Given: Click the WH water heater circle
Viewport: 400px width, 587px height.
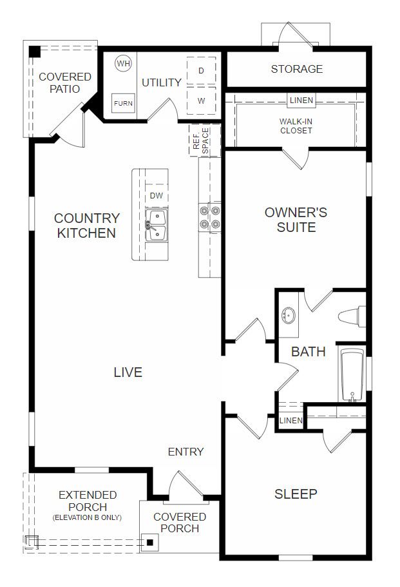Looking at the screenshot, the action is click(123, 63).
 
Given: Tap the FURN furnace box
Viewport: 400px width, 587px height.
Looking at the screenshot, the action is click(123, 103).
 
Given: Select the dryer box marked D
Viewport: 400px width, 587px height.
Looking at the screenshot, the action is click(202, 71).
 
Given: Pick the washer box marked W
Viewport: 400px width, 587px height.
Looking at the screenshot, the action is click(202, 101).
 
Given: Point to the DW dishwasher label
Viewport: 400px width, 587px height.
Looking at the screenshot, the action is click(157, 195).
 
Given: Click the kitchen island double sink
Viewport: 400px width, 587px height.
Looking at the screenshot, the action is click(157, 225).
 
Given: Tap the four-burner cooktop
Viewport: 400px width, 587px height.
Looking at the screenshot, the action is click(209, 218).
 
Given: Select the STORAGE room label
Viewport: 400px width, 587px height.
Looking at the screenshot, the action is click(297, 69).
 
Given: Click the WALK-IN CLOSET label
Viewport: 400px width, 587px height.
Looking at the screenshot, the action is click(296, 126).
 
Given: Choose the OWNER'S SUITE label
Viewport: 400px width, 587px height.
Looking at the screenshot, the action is click(296, 219).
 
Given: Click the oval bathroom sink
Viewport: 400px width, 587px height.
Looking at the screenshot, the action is click(289, 315).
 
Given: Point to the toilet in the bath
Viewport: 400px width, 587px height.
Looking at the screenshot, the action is click(352, 316).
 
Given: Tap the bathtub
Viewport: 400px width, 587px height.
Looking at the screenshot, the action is click(352, 375).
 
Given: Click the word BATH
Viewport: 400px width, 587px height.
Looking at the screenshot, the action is click(309, 352).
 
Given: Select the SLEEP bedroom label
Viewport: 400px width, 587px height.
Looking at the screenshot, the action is click(296, 494).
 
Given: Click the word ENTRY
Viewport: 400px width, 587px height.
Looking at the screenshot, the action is click(186, 452).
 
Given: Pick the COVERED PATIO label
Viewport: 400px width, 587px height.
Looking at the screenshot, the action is click(64, 82).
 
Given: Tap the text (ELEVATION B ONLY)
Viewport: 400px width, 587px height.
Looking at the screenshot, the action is click(87, 517).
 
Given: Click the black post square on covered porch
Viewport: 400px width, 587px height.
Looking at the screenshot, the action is click(150, 542).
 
